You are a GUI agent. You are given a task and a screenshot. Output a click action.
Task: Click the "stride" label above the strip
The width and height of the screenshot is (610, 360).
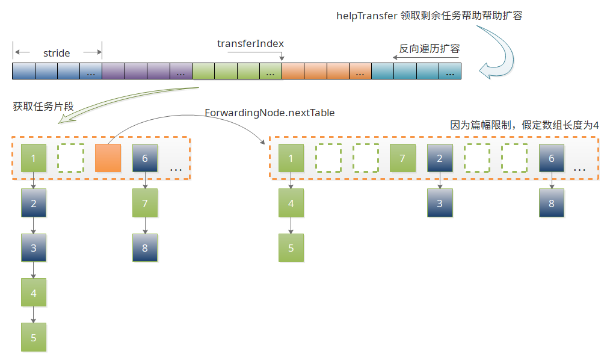point(57,53)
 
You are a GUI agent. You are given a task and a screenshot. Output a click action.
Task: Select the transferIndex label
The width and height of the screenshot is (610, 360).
point(250,44)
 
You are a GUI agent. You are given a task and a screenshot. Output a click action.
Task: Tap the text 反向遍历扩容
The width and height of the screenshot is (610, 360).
point(430,49)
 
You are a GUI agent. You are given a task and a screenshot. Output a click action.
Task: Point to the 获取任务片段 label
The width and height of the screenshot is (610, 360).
point(43,107)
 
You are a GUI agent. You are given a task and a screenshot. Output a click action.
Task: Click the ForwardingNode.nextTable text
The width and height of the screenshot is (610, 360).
point(270,113)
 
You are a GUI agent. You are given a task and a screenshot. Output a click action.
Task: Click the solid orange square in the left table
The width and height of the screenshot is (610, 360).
point(108,158)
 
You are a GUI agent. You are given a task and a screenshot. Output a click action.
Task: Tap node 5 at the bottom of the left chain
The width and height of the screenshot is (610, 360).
point(34,338)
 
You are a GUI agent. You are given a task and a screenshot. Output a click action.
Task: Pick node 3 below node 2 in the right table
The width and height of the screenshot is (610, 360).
point(440,203)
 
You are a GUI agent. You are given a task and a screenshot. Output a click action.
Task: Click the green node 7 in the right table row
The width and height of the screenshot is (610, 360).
point(402,158)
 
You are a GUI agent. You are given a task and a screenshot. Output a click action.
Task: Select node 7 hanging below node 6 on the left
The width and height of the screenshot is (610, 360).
point(145,203)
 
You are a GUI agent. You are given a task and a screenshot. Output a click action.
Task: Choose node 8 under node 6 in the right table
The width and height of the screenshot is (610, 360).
point(552,203)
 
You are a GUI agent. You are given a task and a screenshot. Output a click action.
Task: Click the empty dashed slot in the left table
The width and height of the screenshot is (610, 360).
point(70,158)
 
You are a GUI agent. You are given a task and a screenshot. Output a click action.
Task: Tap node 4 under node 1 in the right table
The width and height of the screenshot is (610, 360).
point(291,203)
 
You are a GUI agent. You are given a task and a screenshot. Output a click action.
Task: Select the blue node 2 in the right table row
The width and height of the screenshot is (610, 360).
point(440,158)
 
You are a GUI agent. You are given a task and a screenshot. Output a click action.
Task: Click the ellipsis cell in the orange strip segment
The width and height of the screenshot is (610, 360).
point(360,72)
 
